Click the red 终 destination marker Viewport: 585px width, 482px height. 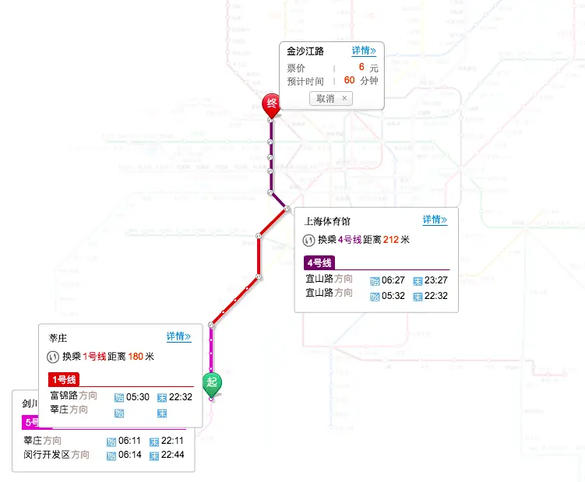coord(271,104)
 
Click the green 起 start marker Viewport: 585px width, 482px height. coord(212,383)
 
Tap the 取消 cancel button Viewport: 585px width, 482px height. coord(331,98)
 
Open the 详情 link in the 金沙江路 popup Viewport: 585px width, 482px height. coord(364,51)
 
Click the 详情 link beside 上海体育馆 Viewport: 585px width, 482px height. coord(435,220)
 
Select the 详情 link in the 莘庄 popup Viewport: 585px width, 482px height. coord(178,336)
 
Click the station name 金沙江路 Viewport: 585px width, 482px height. coord(305,52)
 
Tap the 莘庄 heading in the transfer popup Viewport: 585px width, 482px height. coord(58,338)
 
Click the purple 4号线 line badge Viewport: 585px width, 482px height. coord(319,262)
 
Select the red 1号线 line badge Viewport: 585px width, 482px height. coord(63,379)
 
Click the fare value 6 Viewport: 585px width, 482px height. coord(361,68)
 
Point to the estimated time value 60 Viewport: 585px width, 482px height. coord(349,80)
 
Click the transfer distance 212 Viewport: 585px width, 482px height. coord(391,240)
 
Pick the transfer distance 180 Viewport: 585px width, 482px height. coord(136,357)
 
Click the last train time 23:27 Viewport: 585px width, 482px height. coord(436,280)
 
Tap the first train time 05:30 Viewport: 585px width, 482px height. coord(138,396)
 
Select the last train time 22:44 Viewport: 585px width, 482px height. coord(173,455)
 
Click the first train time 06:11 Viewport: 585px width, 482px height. coord(130,442)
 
